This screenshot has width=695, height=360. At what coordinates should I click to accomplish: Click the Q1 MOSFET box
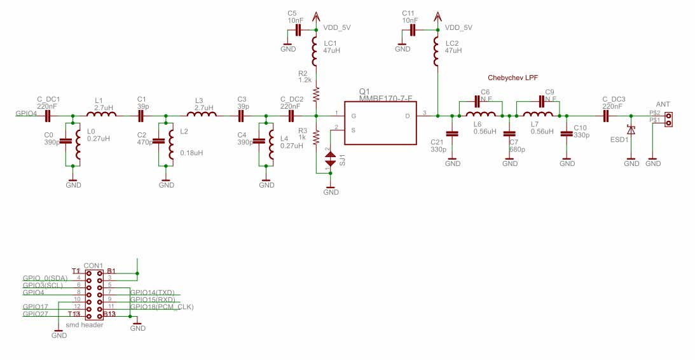380,123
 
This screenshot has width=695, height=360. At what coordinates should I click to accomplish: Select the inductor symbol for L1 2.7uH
100,116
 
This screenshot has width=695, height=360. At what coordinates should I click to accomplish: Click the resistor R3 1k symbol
316,142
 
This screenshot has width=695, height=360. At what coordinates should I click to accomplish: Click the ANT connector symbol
668,116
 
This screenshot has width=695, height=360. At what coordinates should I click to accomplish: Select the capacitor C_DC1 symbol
48,116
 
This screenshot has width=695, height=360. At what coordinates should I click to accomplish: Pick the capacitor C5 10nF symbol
298,30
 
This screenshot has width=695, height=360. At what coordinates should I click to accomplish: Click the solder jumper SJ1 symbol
331,160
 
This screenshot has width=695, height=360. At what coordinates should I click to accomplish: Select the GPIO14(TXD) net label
152,293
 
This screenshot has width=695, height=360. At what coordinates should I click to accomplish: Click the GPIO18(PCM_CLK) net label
162,307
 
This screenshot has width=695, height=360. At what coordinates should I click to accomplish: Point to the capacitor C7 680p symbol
509,134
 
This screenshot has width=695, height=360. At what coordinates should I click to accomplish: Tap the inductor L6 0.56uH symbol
480,116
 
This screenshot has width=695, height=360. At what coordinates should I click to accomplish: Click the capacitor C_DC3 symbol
605,116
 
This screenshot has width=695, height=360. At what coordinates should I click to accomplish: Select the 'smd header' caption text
85,324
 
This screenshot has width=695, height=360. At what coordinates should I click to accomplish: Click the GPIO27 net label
35,314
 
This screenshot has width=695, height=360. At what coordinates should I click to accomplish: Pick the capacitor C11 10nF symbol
413,30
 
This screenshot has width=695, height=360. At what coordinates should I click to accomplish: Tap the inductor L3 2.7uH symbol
201,116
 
